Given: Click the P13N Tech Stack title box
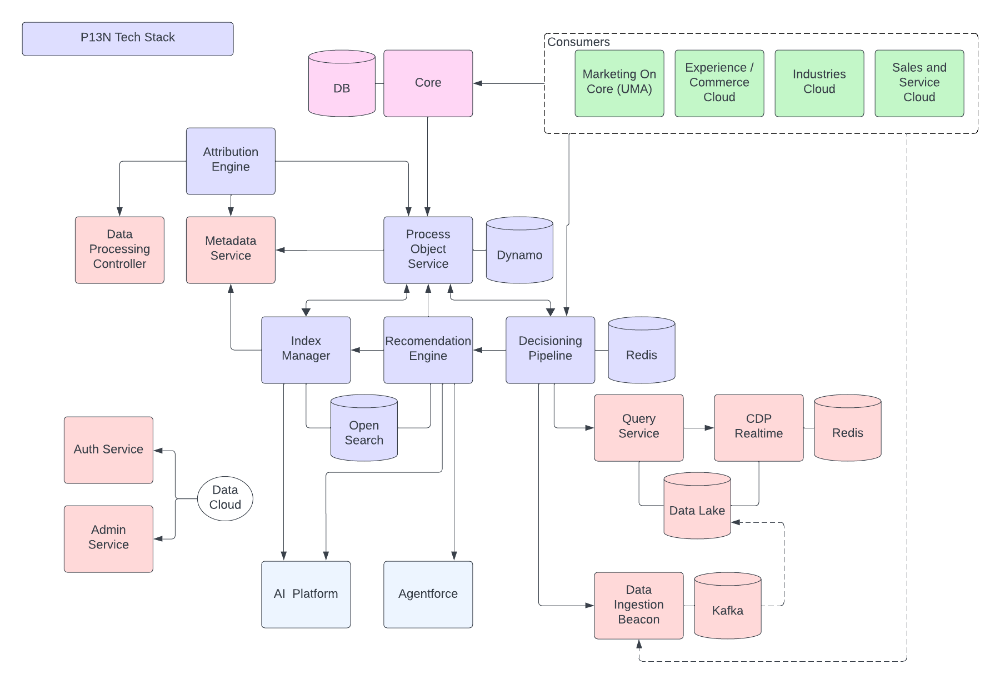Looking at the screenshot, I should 127,38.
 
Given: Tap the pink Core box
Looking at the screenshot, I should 428,83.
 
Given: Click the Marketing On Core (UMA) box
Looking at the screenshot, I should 619,83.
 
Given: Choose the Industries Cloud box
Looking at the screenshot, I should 819,83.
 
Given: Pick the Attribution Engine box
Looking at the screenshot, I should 230,161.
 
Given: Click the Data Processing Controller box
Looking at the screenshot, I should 119,249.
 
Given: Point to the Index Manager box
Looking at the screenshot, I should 306,350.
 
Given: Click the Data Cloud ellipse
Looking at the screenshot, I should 225,498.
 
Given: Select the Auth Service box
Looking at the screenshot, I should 108,450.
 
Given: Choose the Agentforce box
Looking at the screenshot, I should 428,594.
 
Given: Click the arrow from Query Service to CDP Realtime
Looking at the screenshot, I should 698,428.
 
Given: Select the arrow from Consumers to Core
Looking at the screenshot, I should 508,83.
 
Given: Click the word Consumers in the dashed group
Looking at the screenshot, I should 578,42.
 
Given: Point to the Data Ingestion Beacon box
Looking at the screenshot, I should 638,605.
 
